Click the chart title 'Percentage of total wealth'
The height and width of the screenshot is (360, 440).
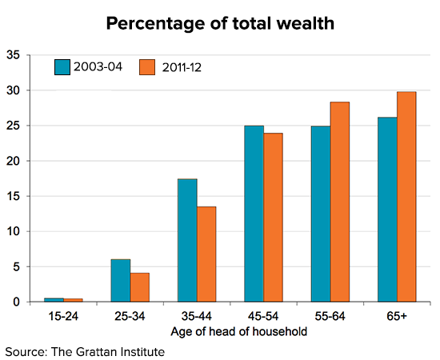coord(220,23)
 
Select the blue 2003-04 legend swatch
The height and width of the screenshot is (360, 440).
coord(63,66)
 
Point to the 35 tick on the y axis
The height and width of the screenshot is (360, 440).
coord(14,55)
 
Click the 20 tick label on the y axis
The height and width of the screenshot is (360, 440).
coord(14,161)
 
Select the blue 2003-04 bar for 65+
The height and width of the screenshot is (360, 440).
coord(387,210)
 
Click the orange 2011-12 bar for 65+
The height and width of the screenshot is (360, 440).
coord(406,197)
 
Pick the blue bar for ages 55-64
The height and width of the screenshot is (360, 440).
coord(320,214)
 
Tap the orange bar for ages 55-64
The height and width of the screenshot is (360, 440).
coord(339,202)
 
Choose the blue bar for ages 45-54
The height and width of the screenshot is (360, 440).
coord(254,214)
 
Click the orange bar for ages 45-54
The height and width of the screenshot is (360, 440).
coord(273,217)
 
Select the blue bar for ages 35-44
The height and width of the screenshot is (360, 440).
coord(187,240)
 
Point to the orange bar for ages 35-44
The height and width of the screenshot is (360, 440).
coord(206,254)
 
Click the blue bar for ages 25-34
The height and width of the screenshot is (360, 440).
coord(120,280)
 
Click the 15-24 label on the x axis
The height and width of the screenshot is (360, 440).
coord(62,316)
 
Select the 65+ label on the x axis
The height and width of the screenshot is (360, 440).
coord(396,316)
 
